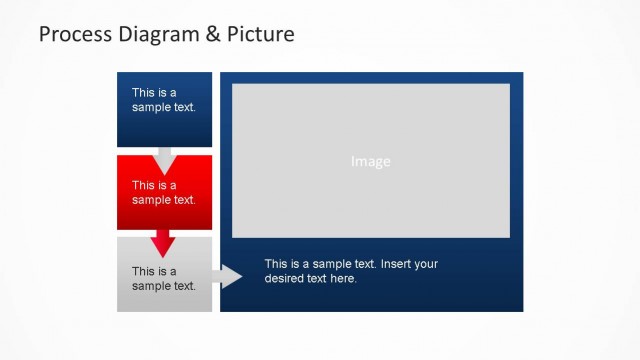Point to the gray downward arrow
(164, 159)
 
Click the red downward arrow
(164, 243)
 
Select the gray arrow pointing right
(228, 277)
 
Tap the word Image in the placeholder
(371, 161)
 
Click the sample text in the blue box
(164, 100)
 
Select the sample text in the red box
(164, 192)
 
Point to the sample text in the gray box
(164, 278)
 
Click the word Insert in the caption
(396, 264)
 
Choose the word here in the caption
(343, 279)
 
